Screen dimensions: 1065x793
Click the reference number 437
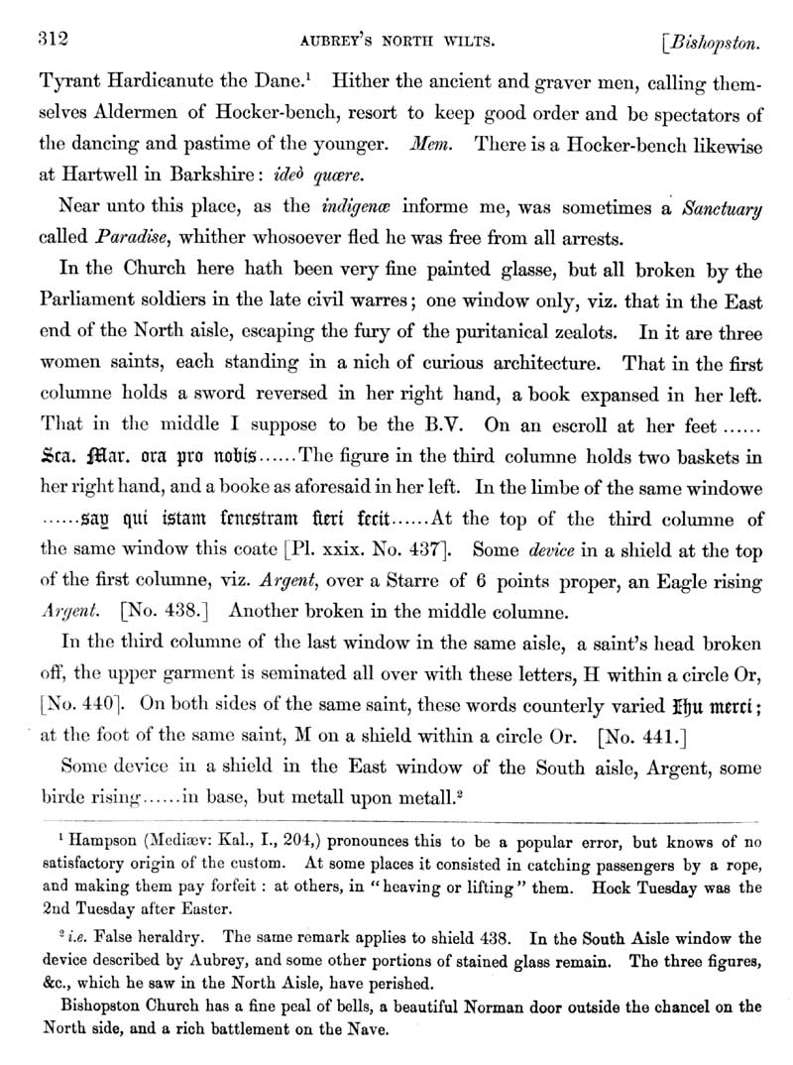(427, 546)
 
